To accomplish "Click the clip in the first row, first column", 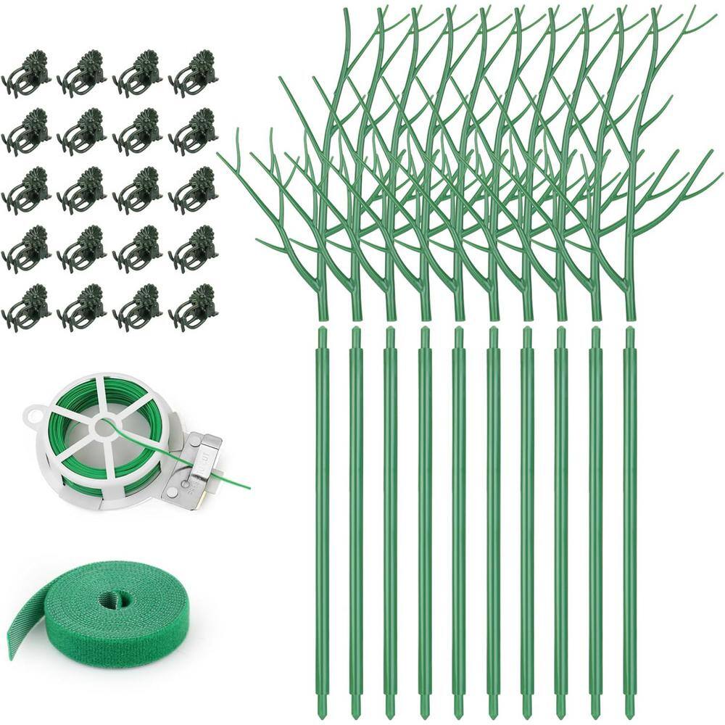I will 28,73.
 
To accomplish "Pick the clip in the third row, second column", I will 83,191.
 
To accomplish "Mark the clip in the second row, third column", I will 138,132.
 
